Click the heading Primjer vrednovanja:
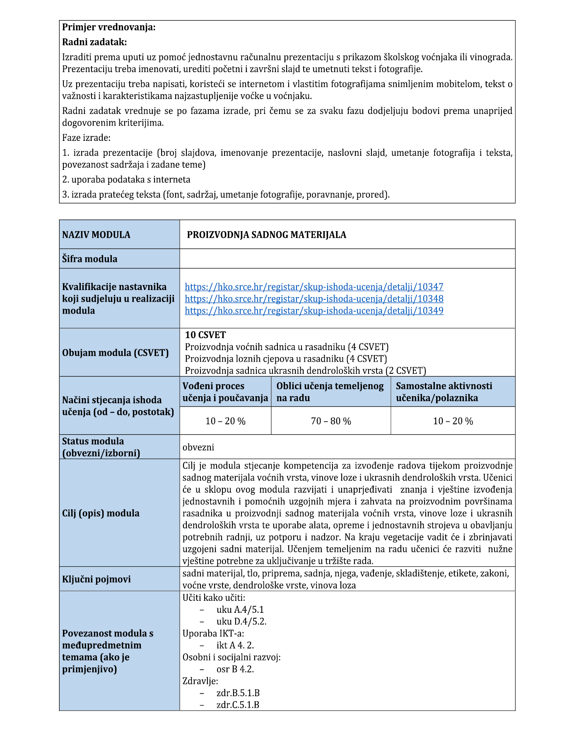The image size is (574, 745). click(x=109, y=28)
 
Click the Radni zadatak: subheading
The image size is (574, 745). click(x=94, y=42)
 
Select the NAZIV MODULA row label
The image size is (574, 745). click(x=96, y=235)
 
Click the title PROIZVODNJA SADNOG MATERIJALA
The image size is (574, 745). click(x=266, y=235)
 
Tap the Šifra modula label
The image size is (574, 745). click(x=89, y=259)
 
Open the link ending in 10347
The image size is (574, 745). click(x=314, y=287)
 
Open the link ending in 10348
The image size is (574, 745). click(x=314, y=299)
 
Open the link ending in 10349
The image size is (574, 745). click(x=314, y=311)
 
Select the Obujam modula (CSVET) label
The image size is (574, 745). click(x=115, y=353)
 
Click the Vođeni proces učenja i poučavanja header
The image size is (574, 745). click(x=225, y=392)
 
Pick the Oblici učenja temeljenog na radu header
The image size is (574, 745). click(x=330, y=392)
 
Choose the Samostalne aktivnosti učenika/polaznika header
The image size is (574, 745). click(x=444, y=392)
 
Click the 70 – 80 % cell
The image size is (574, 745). click(x=331, y=421)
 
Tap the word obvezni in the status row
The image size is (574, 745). click(x=198, y=447)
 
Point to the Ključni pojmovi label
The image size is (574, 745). click(x=96, y=579)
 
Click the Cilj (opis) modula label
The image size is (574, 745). click(x=101, y=513)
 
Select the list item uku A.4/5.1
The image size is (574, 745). click(x=240, y=610)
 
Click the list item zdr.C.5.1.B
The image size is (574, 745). click(x=238, y=705)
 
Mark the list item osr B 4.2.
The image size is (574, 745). click(x=235, y=669)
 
